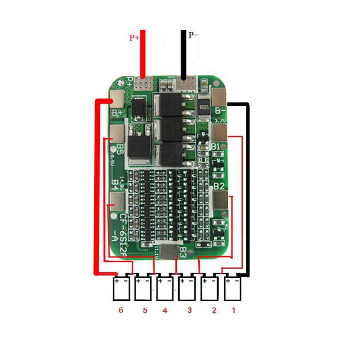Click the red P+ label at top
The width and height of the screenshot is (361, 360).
click(134, 38)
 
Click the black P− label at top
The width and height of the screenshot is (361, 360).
click(194, 35)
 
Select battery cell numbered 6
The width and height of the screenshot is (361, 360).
click(121, 289)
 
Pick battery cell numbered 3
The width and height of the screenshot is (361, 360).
click(188, 289)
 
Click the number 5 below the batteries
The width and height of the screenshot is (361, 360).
click(145, 310)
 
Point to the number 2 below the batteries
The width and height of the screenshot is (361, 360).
click(214, 310)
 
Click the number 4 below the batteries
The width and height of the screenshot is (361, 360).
click(165, 310)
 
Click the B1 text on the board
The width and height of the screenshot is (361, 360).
click(216, 147)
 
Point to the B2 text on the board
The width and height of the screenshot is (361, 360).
click(219, 186)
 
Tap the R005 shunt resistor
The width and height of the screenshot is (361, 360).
click(204, 108)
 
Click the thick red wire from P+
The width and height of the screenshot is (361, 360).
click(143, 54)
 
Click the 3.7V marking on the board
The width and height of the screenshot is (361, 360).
click(220, 121)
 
